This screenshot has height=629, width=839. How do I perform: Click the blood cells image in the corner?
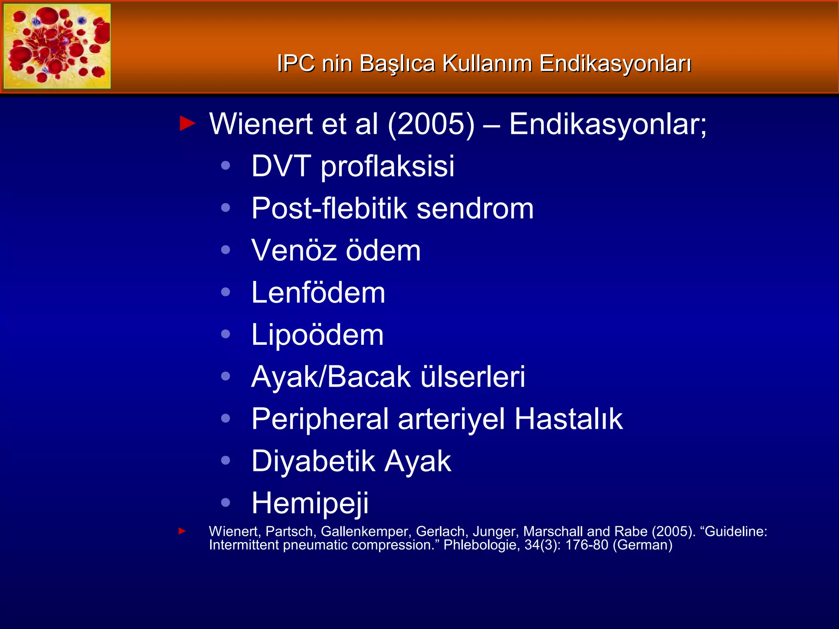[x=57, y=46]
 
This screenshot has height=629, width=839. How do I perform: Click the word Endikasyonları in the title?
[x=615, y=64]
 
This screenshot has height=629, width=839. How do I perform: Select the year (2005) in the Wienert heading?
[x=431, y=124]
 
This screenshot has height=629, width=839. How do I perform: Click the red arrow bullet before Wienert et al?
[x=188, y=123]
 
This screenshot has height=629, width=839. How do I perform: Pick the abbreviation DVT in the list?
[x=281, y=166]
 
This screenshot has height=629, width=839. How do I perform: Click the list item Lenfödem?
[x=318, y=293]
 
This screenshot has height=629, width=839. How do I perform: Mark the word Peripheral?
[x=320, y=419]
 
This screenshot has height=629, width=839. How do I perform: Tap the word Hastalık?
[x=569, y=419]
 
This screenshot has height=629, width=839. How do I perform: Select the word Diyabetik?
[x=313, y=462]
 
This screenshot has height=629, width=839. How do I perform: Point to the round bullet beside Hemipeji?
[x=225, y=502]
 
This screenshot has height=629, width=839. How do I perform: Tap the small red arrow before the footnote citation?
[x=182, y=532]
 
